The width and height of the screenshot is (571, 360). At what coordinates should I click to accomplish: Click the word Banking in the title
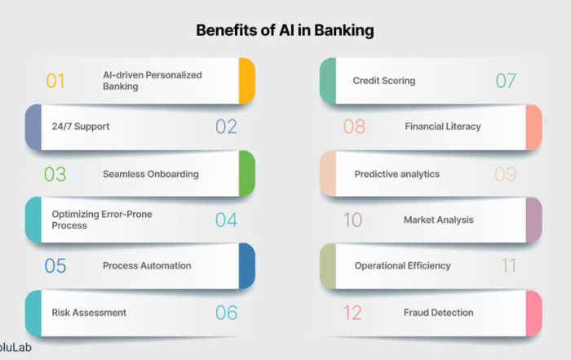343,30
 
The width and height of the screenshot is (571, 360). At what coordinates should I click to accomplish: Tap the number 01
55,81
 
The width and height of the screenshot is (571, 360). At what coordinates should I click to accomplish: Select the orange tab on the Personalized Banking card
247,81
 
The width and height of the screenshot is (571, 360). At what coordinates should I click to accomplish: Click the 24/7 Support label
81,127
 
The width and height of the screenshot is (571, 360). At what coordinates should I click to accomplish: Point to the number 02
226,127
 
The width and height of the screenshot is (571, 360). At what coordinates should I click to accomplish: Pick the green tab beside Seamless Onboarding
247,173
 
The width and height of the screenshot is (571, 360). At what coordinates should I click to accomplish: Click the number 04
226,220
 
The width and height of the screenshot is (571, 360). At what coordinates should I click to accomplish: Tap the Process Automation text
147,265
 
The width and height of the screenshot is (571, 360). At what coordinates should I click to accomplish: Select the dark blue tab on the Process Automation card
247,266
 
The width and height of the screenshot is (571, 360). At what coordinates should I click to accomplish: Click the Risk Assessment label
89,313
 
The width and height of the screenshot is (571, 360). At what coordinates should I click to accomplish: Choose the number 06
226,313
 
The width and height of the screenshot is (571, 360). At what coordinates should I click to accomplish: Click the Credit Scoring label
384,81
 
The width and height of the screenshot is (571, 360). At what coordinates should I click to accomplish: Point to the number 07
506,81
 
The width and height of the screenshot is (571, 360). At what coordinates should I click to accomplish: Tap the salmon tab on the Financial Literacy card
533,127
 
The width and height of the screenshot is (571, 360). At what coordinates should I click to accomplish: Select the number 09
505,174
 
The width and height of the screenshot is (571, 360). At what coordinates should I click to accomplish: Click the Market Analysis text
439,220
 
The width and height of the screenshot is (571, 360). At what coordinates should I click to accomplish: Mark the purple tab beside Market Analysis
533,220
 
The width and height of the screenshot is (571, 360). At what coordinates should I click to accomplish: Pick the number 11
509,266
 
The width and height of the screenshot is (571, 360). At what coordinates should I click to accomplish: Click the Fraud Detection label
439,313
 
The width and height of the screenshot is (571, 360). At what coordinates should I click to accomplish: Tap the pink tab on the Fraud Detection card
533,313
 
